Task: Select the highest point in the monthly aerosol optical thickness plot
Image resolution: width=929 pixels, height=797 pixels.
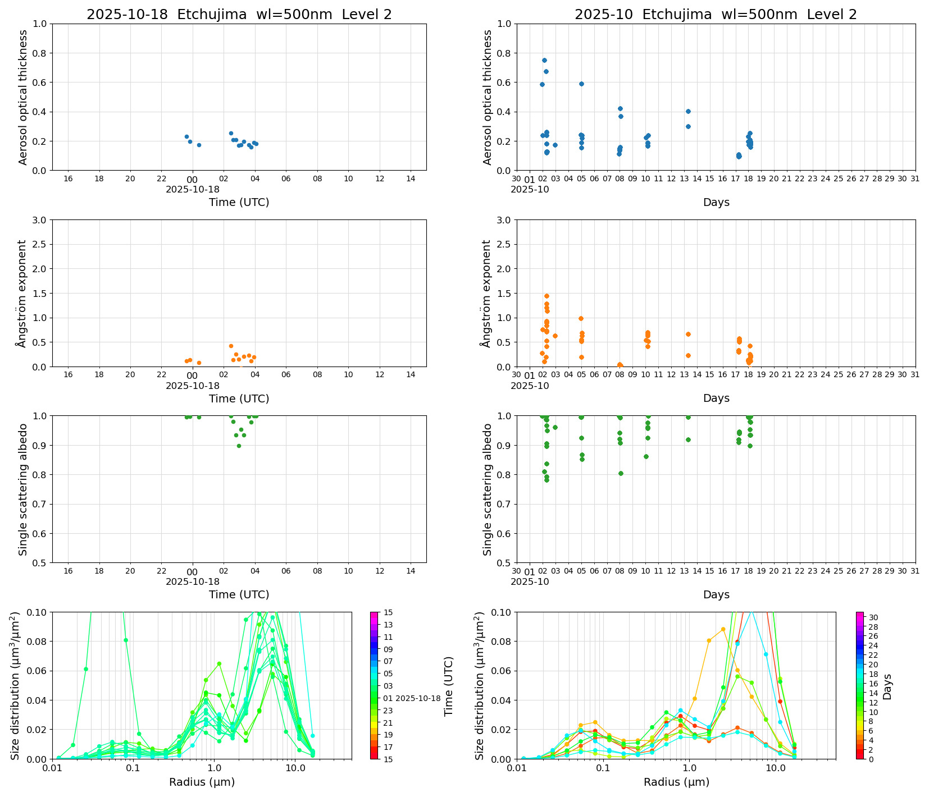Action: pos(544,60)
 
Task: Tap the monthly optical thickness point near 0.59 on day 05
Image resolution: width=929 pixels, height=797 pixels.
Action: pos(581,84)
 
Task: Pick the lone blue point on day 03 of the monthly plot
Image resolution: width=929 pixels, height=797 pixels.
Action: pos(555,145)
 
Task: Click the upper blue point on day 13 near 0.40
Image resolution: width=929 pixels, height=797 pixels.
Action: pos(688,111)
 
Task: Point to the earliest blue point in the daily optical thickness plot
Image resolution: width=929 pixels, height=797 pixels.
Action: pos(186,136)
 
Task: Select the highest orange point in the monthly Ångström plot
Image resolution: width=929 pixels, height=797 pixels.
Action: pos(546,296)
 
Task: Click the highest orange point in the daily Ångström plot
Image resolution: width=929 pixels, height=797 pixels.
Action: pos(231,346)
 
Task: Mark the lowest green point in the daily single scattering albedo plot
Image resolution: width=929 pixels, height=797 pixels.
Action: pos(239,446)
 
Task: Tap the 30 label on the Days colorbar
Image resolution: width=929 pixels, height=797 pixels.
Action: pos(873,617)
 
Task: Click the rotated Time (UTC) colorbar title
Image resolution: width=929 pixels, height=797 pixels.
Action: pos(448,686)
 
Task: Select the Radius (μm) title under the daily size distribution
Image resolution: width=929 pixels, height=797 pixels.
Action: pos(202,782)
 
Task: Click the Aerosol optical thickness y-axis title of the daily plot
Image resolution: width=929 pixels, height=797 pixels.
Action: pos(23,97)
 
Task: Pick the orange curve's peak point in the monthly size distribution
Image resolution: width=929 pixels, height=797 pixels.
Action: pos(723,629)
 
